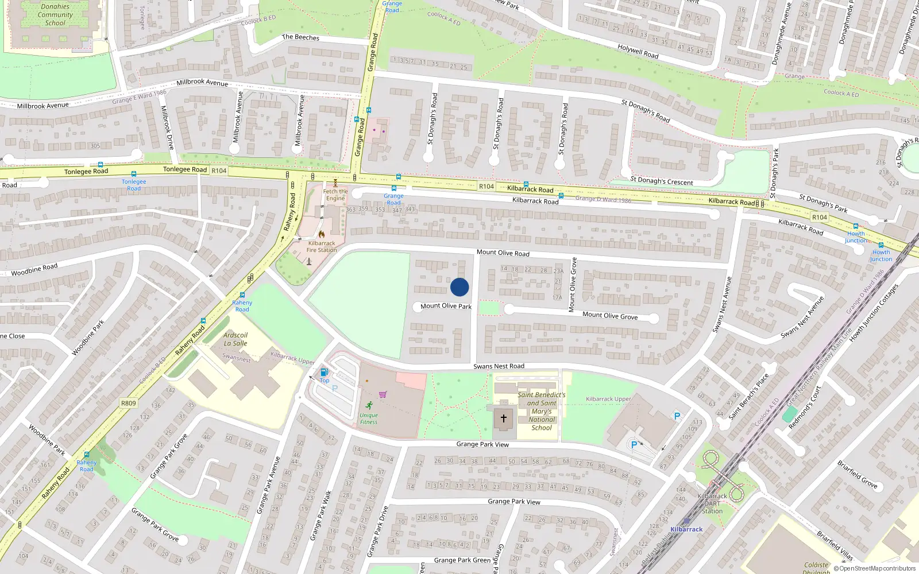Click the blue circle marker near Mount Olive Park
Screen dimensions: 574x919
coord(459,287)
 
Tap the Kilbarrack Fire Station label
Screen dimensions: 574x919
coord(322,246)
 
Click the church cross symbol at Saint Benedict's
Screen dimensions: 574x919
coord(504,418)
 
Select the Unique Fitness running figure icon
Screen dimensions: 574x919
coord(369,405)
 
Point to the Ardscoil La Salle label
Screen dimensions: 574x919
coord(235,339)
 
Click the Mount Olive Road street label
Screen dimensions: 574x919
coord(503,253)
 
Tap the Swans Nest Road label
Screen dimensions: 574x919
coord(499,366)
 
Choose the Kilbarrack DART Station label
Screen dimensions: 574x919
coord(712,503)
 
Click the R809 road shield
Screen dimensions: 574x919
coord(129,403)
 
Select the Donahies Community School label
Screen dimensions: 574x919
coord(55,15)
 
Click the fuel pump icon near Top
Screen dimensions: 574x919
coord(324,372)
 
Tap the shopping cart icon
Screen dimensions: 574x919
coord(383,394)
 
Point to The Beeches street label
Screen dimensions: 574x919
coord(300,37)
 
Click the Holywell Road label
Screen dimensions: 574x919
coord(638,51)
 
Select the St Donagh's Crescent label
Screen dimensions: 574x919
coord(662,181)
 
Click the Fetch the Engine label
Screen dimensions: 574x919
coord(335,195)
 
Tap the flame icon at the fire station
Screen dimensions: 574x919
coord(321,234)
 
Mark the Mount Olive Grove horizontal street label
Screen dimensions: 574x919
coord(610,315)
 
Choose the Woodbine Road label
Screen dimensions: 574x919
coord(34,270)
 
